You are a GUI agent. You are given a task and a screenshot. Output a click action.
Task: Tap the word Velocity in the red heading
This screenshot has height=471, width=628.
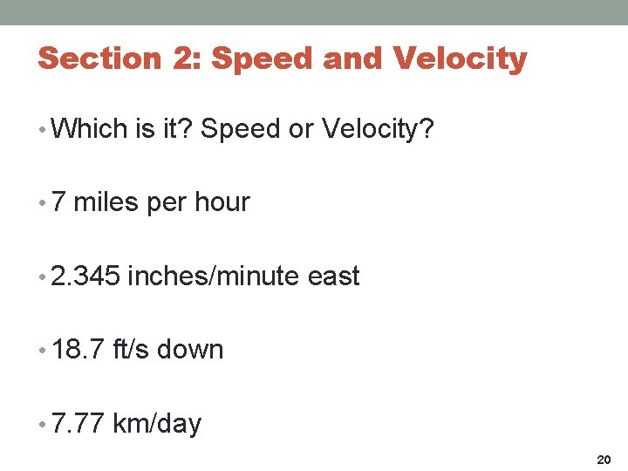tap(461, 58)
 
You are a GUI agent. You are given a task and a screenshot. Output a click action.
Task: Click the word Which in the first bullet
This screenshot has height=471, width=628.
tap(89, 129)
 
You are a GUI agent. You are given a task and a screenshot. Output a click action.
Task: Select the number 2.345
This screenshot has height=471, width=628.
tap(85, 276)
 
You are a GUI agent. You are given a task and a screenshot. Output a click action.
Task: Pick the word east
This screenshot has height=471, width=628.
tap(334, 276)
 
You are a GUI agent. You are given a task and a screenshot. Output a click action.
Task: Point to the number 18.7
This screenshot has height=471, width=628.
tap(78, 350)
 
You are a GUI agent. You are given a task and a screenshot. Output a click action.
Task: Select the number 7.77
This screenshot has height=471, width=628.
tap(78, 424)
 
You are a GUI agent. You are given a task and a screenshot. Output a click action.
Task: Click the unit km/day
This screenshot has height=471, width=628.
tap(157, 425)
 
